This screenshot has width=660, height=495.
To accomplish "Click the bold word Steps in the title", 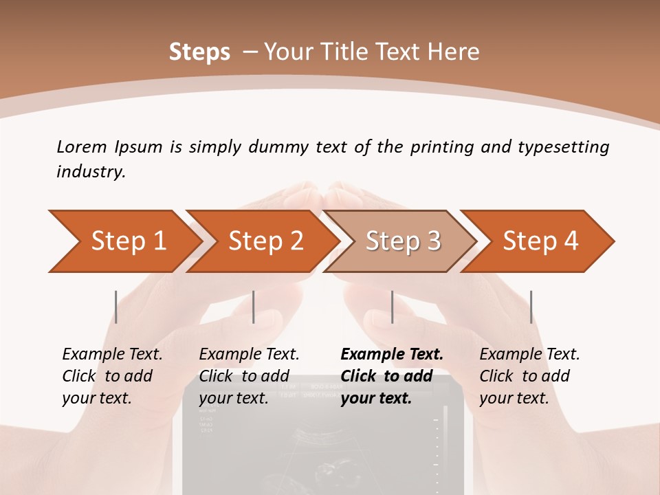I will point(199,52).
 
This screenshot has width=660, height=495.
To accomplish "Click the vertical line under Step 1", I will point(115,307).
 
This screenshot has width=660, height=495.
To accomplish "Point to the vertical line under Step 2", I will point(254,307).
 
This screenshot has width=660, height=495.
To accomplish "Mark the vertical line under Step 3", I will point(392,307).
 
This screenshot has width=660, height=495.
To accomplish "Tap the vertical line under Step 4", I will point(531,307).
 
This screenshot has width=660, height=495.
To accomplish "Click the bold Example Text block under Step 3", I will point(392,376).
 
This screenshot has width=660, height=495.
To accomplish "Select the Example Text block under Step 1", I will point(112,376).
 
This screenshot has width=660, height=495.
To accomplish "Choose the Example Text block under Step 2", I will point(249,376).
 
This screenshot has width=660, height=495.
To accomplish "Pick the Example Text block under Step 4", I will point(529,376).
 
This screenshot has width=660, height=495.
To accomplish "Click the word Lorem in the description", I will point(82,146).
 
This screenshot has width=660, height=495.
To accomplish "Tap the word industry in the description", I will point(91,172).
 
